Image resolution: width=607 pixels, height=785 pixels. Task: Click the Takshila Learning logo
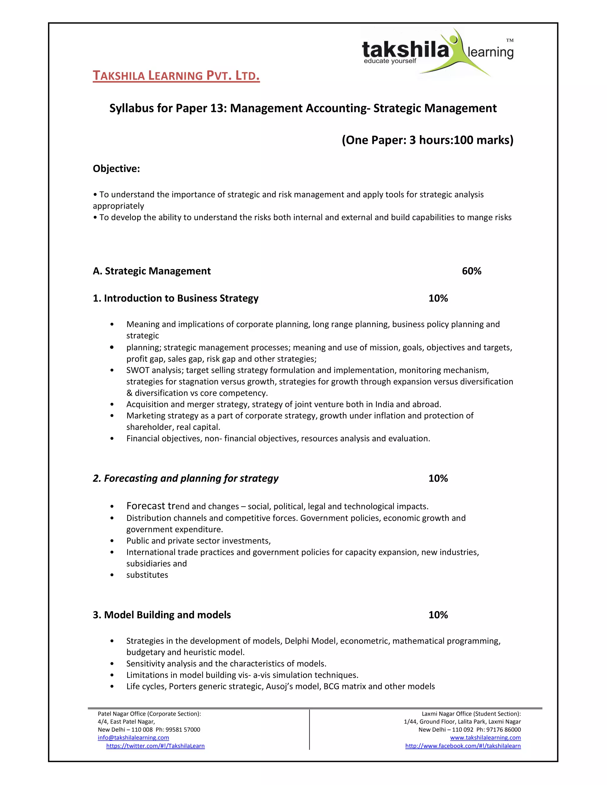click(x=437, y=52)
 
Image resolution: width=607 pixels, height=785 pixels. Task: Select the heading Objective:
click(x=116, y=169)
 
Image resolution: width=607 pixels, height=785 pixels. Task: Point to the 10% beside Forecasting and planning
click(x=438, y=478)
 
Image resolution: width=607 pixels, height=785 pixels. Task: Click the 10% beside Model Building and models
click(x=438, y=615)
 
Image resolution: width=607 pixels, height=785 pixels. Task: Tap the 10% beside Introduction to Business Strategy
click(x=438, y=298)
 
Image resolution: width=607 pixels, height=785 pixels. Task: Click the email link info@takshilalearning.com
click(x=133, y=738)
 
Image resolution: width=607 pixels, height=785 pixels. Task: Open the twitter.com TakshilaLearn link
click(x=155, y=746)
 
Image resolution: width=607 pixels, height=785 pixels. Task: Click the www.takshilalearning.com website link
click(x=485, y=738)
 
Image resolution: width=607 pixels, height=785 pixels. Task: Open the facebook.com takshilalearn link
click(x=463, y=746)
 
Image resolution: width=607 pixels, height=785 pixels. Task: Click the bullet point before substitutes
click(x=112, y=575)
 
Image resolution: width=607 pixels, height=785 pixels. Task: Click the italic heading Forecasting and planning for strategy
click(x=186, y=478)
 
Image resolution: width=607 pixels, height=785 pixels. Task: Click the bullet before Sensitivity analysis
click(x=112, y=664)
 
